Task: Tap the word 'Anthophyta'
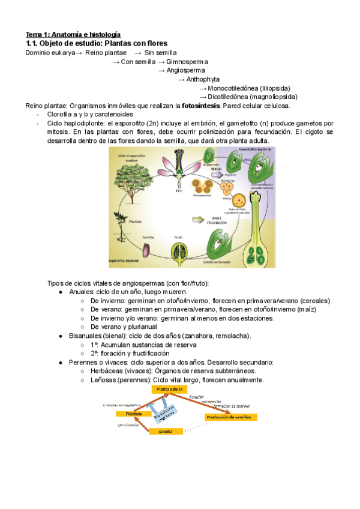click(x=203, y=79)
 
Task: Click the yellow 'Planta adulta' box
click(x=170, y=390)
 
